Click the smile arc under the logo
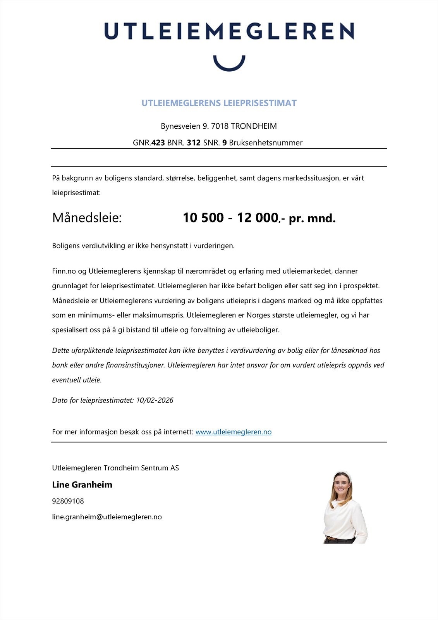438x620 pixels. (x=229, y=65)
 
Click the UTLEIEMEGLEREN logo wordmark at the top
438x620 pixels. (x=229, y=31)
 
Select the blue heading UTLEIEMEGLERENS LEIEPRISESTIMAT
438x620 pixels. (x=219, y=103)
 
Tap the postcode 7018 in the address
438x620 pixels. (x=220, y=126)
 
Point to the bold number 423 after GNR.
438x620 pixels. (x=158, y=143)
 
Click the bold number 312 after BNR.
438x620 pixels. (x=194, y=143)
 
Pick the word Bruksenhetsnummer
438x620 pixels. (x=266, y=143)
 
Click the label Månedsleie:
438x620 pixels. (x=87, y=218)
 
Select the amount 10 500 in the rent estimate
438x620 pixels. (x=203, y=218)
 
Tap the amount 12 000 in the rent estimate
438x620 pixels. (x=257, y=218)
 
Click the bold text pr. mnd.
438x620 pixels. (x=312, y=219)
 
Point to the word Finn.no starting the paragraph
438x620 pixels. (x=64, y=271)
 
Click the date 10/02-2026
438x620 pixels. (x=155, y=400)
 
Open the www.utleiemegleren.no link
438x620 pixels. (x=233, y=432)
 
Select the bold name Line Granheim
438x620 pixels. (x=82, y=485)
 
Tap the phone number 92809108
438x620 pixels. (x=68, y=501)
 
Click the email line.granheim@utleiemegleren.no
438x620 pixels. (x=106, y=517)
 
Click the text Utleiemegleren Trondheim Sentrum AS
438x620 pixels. (x=115, y=468)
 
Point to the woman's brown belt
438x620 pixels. (x=332, y=538)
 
